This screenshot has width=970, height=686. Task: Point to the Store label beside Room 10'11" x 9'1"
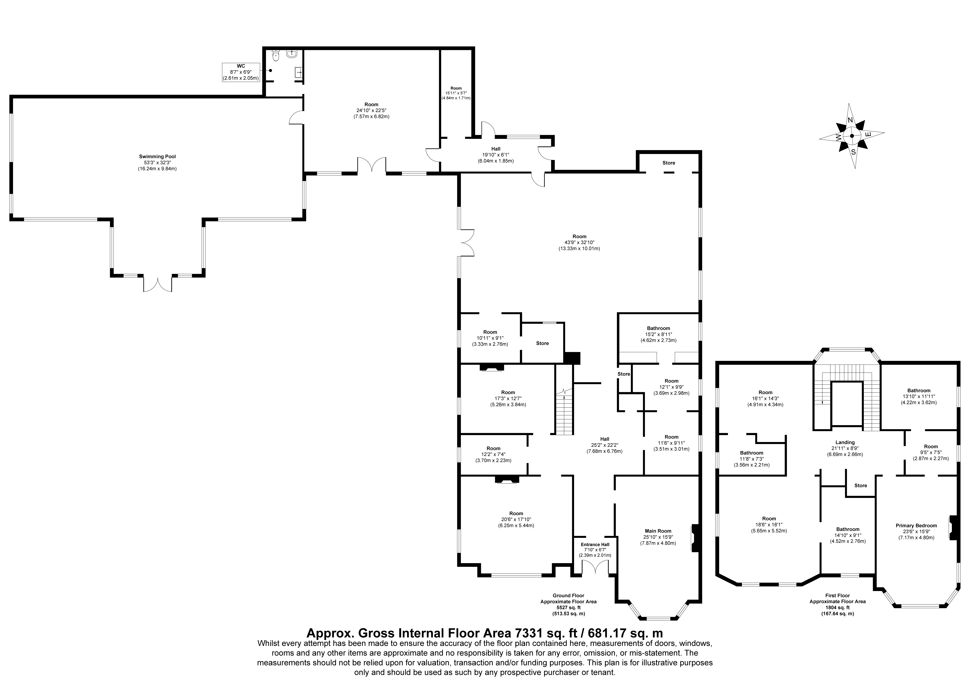[542, 343]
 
